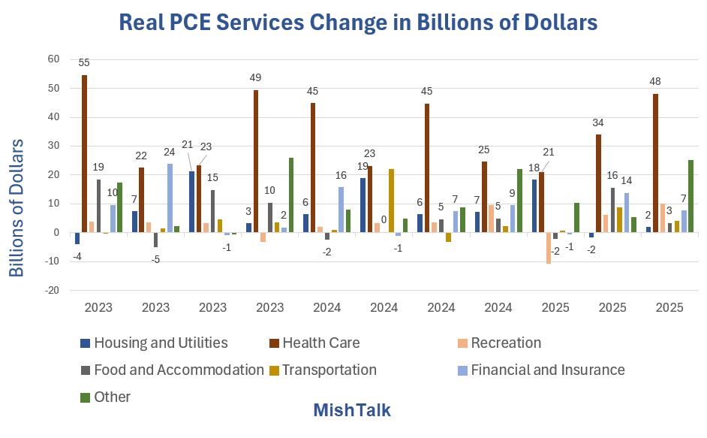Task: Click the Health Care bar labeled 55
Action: point(84,153)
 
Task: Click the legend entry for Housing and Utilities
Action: point(153,343)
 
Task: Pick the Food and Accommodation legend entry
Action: point(172,370)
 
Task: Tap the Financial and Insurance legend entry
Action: point(540,370)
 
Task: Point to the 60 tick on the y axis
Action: point(53,59)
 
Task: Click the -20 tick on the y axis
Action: point(51,291)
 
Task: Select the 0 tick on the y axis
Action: point(56,233)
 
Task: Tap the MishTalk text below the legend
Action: point(351,411)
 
